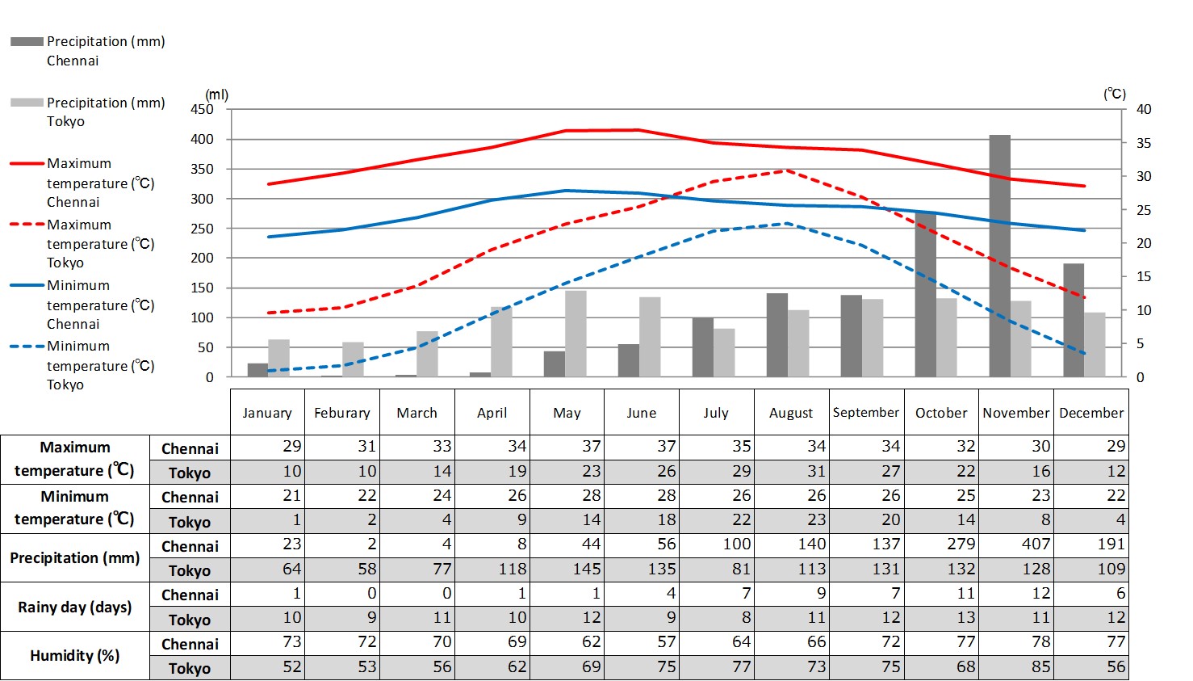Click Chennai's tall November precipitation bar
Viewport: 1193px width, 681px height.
point(999,255)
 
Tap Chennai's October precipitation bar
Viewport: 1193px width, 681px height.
point(925,295)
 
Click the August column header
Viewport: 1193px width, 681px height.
point(791,413)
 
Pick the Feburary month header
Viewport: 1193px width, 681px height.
point(342,413)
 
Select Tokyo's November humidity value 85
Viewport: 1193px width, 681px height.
point(1040,667)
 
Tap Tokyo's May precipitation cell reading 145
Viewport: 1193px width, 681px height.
point(586,569)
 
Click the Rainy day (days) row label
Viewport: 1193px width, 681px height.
point(75,607)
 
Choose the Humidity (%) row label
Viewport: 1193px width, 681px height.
point(75,655)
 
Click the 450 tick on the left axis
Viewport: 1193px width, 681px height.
point(202,109)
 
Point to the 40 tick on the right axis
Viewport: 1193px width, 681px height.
point(1144,109)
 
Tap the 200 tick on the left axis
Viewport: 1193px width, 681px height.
point(202,258)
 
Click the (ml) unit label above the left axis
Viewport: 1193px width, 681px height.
point(216,95)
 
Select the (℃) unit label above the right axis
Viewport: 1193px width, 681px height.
point(1115,94)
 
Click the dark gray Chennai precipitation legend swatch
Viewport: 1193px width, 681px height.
point(27,41)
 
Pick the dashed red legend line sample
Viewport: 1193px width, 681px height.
point(27,225)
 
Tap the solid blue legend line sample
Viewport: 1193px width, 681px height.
point(27,285)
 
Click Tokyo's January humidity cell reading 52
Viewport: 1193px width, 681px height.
point(291,667)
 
